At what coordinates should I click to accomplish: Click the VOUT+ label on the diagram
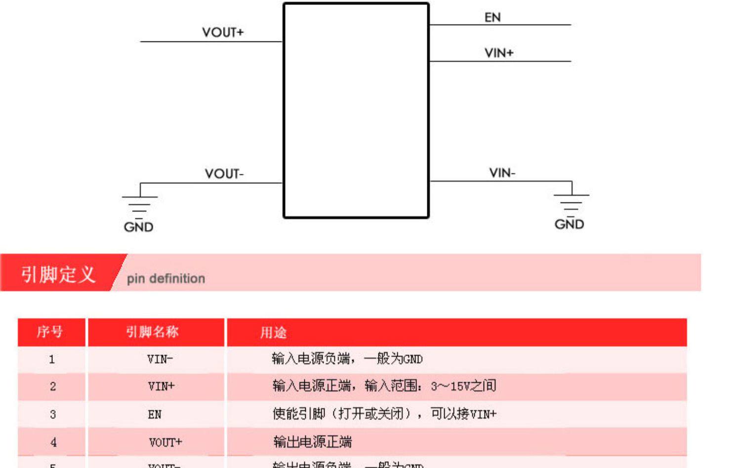tap(223, 33)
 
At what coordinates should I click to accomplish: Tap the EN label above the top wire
tap(493, 18)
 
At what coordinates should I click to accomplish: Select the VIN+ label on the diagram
tap(499, 53)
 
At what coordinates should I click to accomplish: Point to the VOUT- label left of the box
tap(224, 174)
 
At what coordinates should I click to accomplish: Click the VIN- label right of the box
tap(502, 173)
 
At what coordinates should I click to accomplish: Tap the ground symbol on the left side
tap(140, 203)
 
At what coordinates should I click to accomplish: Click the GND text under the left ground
tap(138, 227)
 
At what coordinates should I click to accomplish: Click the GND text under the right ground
tap(569, 224)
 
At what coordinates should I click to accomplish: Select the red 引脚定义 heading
tap(58, 274)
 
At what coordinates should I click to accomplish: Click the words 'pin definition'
tap(166, 278)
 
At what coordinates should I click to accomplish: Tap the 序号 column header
tap(50, 332)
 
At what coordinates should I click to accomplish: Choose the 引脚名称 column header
tap(152, 332)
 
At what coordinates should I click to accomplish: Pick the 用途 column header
tap(273, 333)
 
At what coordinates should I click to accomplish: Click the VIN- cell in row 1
tap(160, 359)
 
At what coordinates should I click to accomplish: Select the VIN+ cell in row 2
tap(161, 386)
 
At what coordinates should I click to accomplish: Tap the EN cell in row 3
tap(155, 415)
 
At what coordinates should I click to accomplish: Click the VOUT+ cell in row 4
tap(165, 442)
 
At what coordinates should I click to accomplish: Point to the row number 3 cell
tap(53, 415)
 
